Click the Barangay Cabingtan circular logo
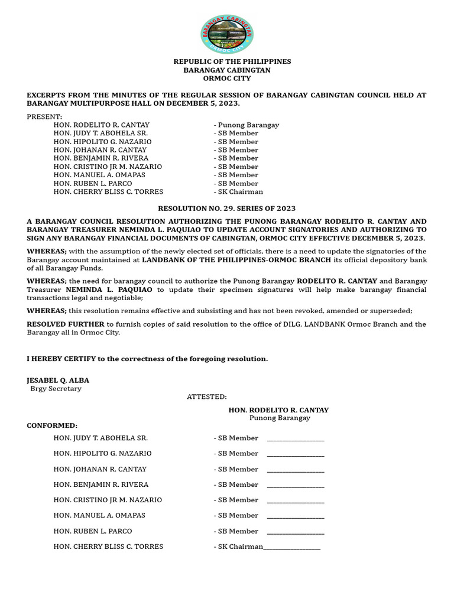227,34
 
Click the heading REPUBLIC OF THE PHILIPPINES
232,61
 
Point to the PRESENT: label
44,117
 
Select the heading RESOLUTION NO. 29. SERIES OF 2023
226,209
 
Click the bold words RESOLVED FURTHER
65,324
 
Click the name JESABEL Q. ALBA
58,380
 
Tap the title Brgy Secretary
56,389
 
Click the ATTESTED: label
207,397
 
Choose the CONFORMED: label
52,425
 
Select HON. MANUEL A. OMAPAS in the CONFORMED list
99,515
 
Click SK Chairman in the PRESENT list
240,191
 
